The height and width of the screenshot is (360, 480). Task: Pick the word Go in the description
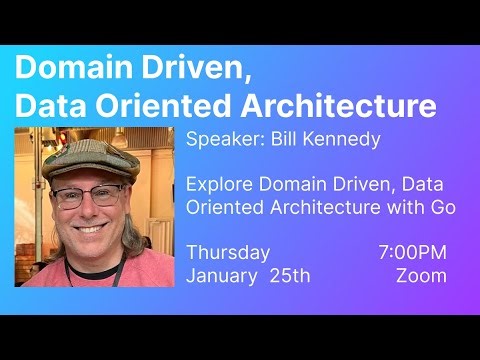(x=443, y=207)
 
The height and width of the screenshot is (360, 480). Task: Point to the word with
(x=407, y=207)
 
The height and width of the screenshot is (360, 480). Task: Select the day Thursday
(x=228, y=253)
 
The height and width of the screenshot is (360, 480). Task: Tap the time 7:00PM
(x=413, y=253)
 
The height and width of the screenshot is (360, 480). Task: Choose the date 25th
(x=290, y=275)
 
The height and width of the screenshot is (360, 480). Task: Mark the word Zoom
(x=421, y=275)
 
